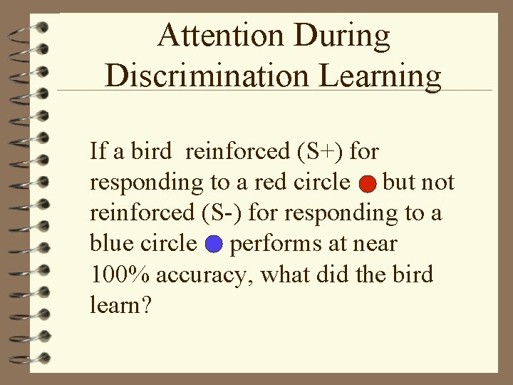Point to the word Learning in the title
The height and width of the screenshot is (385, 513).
(378, 76)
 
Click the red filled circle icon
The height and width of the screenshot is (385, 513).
(366, 185)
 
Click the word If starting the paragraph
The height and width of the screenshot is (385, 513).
(97, 151)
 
